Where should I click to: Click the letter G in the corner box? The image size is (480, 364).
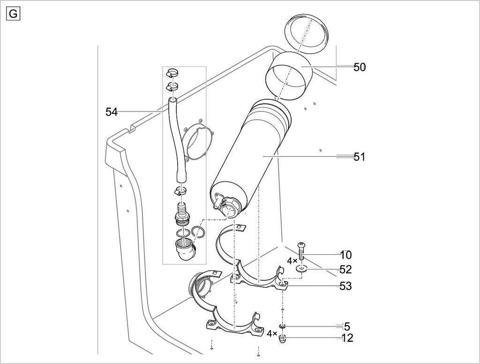pyautogui.click(x=13, y=14)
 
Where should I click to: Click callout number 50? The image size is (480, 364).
pyautogui.click(x=360, y=67)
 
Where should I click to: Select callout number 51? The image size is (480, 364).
pyautogui.click(x=360, y=157)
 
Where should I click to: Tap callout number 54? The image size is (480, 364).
pyautogui.click(x=112, y=112)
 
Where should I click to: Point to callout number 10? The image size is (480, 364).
pyautogui.click(x=346, y=255)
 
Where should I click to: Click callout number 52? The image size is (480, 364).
pyautogui.click(x=346, y=269)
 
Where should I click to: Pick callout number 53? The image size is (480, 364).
pyautogui.click(x=346, y=286)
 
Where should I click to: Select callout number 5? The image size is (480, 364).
pyautogui.click(x=347, y=327)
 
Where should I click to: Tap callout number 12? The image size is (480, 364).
pyautogui.click(x=347, y=338)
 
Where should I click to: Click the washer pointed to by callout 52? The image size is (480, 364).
pyautogui.click(x=302, y=269)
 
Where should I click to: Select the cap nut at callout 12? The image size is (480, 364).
pyautogui.click(x=282, y=339)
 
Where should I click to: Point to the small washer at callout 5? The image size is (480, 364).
pyautogui.click(x=282, y=327)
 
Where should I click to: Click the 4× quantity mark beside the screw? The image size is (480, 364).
pyautogui.click(x=292, y=261)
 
